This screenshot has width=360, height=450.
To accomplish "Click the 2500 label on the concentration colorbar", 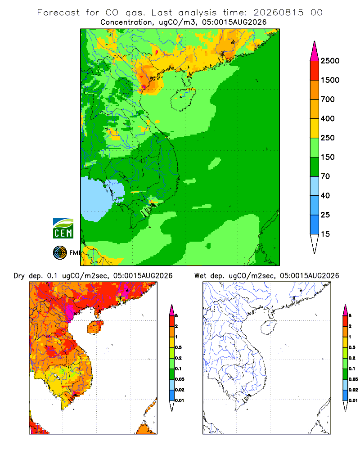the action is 330,61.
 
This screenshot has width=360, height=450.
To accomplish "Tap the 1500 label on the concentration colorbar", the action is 330,80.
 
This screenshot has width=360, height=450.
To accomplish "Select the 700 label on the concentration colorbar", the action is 328,99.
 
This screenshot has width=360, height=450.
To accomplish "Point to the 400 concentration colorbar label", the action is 328,118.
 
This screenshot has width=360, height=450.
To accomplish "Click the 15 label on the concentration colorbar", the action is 325,234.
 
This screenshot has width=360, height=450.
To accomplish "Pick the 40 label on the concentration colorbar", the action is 325,196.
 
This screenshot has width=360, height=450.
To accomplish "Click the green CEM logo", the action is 63,229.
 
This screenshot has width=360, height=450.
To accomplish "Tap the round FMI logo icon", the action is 60,253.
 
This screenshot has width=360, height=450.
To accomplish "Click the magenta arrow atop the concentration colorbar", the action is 315,51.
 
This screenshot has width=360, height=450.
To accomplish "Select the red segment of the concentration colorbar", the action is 315,71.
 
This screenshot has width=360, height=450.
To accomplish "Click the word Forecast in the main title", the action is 58,13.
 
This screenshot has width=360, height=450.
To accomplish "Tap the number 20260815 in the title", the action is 278,13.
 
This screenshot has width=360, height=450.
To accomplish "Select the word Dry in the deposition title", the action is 19,276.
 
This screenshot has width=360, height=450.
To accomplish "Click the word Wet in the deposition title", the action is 200,276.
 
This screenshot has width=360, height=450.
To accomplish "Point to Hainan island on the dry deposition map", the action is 95,327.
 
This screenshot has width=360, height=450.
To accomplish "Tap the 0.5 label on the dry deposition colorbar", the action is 178,347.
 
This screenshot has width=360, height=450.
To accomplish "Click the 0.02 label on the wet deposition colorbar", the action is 353,390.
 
